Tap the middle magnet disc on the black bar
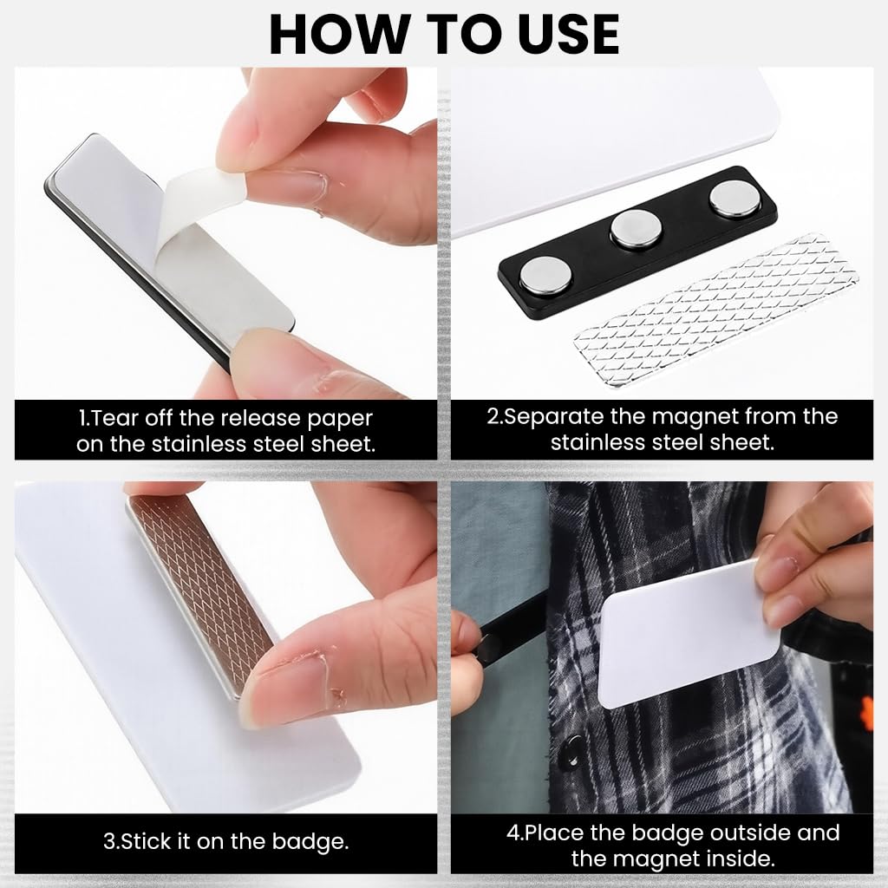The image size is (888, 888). pos(636,228)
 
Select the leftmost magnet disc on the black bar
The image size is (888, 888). pos(545,276)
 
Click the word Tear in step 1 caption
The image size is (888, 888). pos(115,418)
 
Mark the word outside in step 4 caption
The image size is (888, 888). pos(749,832)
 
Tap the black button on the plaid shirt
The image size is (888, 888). pos(572,748)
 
